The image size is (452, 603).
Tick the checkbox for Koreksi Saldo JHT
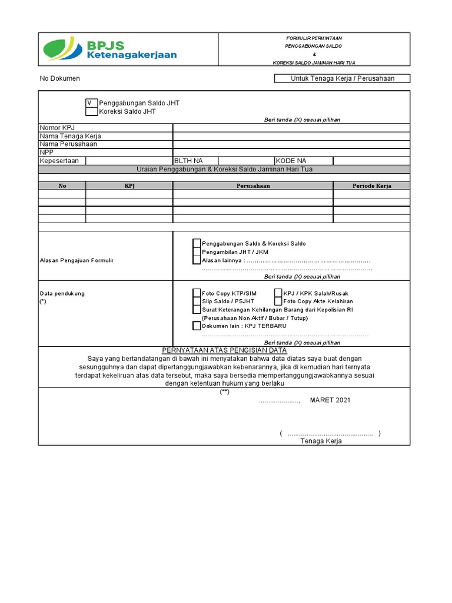pos(92,111)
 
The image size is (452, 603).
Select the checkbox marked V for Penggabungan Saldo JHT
pos(92,103)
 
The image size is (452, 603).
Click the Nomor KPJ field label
pos(57,128)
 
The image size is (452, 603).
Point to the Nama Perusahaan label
pos(68,144)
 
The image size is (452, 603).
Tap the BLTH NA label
pos(188,161)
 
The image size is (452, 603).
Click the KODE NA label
pos(291,161)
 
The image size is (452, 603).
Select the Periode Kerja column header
pos(371,185)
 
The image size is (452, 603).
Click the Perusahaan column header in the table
pos(253,185)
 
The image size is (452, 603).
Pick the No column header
pos(62,185)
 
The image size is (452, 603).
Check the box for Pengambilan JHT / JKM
pos(197,251)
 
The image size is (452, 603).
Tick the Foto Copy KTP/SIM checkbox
pos(197,293)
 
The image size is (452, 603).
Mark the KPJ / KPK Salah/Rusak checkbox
pos(278,293)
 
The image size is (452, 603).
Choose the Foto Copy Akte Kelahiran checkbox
pos(278,301)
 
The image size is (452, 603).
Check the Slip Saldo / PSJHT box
pos(197,301)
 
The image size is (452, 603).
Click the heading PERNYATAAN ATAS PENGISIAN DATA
pos(224,350)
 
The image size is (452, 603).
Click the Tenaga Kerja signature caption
pos(321,441)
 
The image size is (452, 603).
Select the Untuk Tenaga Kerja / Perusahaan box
pos(342,78)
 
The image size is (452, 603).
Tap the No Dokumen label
pos(60,78)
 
